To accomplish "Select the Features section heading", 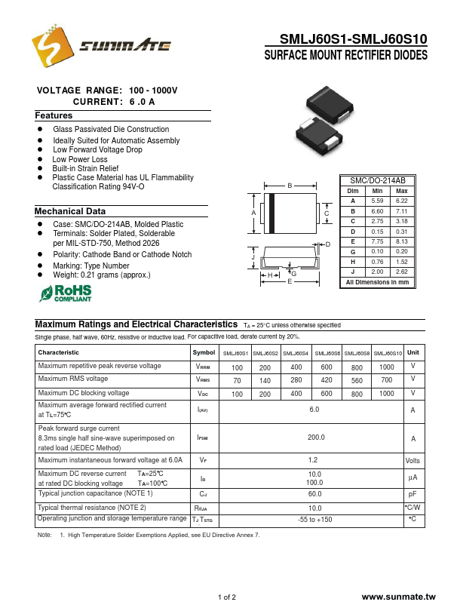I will point(54,116).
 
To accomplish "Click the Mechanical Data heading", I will point(70,212).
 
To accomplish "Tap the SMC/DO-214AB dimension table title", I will point(378,181).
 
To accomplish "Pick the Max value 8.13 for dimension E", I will point(401,241).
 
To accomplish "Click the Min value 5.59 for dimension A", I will point(377,201).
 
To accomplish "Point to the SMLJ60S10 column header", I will point(388,353).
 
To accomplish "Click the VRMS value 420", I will point(327,381).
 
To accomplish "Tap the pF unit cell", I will point(412,495).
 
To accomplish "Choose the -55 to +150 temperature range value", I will point(314,520).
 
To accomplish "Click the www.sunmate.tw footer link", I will point(398,597).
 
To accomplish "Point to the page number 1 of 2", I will point(227,597).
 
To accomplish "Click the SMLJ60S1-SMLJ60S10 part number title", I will point(353,39).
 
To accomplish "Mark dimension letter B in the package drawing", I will point(289,186).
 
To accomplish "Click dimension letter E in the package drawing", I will point(289,281).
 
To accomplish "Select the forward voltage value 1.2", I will point(313,459).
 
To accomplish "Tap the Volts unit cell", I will point(412,460).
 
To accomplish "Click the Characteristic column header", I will point(59,353).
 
